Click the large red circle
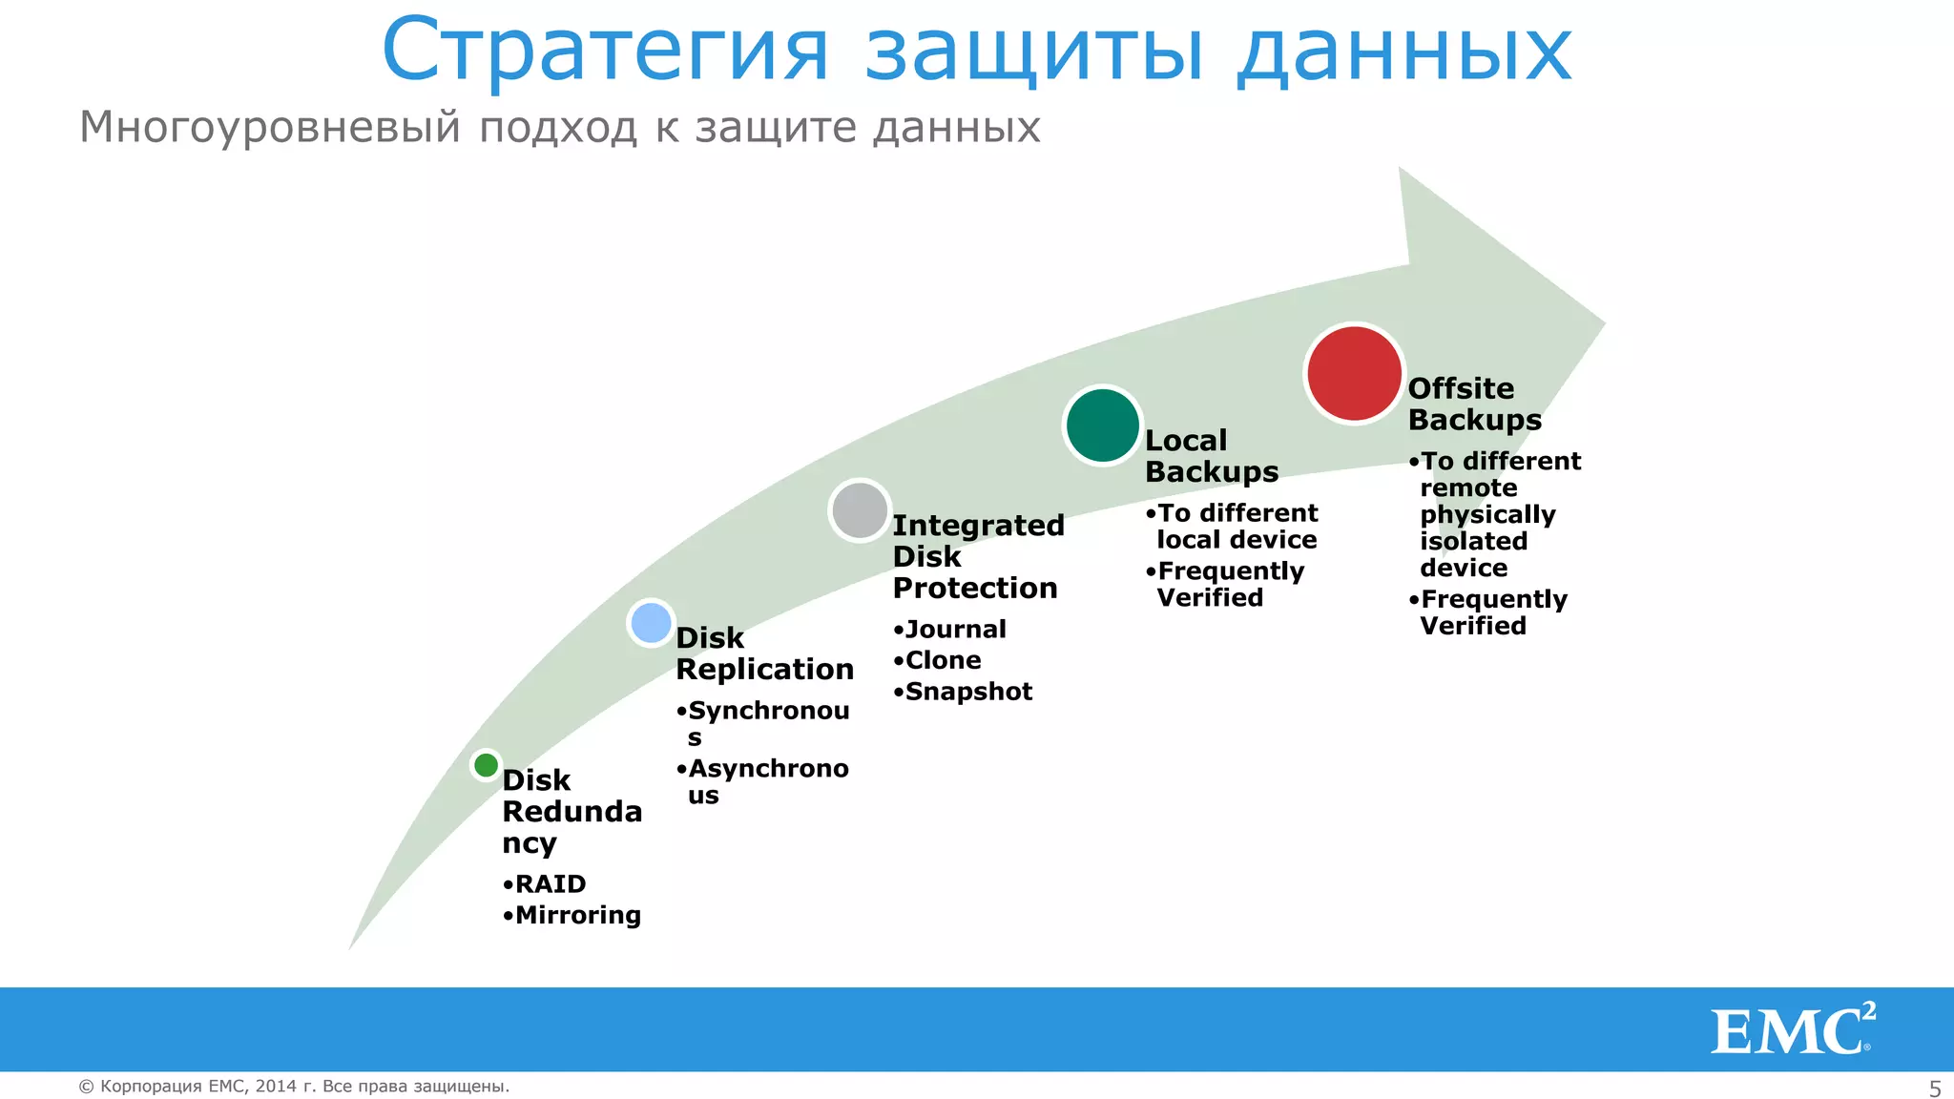[1354, 373]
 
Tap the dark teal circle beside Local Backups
[1103, 425]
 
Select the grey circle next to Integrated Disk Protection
[860, 510]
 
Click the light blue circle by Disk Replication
[652, 623]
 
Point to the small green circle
[486, 765]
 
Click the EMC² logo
[1792, 1030]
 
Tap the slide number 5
[1935, 1089]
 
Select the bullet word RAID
[551, 884]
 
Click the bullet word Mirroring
[577, 916]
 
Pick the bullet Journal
[955, 630]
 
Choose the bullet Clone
[943, 661]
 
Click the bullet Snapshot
[968, 692]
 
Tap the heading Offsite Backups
[1474, 404]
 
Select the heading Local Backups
[1211, 456]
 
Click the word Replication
[764, 670]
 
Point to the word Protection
[975, 589]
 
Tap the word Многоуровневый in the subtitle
[270, 128]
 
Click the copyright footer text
[294, 1087]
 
